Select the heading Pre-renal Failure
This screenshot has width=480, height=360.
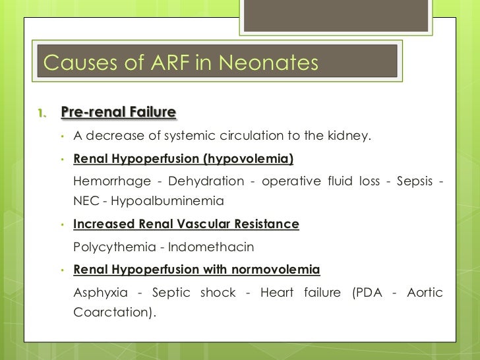[x=118, y=113]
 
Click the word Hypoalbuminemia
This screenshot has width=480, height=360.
[x=167, y=200]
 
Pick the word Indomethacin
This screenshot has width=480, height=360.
[x=211, y=247]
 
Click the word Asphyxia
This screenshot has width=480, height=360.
[x=100, y=292]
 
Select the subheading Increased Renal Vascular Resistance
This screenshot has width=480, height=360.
[x=186, y=224]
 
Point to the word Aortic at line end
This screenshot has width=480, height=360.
[x=425, y=292]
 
